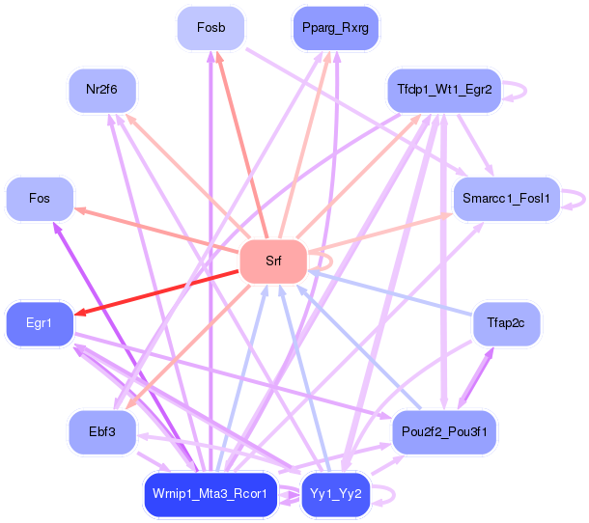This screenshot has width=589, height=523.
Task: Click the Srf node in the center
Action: [272, 261]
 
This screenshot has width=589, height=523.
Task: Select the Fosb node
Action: [210, 28]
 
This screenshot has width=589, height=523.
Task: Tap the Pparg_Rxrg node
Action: [335, 28]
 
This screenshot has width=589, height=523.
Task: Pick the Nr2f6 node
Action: [101, 90]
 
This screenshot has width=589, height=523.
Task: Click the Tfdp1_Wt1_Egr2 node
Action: [443, 90]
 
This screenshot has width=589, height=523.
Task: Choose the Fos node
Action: [40, 199]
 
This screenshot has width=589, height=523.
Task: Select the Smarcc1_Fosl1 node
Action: [505, 199]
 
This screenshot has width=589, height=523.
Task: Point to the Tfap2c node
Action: [505, 323]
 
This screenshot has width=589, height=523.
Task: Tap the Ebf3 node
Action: [101, 431]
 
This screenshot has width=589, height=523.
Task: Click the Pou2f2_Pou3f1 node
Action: [443, 431]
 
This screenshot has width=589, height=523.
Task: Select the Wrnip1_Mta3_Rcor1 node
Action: [210, 494]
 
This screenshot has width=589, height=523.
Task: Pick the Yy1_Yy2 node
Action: [335, 494]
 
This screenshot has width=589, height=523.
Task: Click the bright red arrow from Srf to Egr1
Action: [154, 292]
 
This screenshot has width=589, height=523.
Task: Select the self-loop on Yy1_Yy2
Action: [388, 494]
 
